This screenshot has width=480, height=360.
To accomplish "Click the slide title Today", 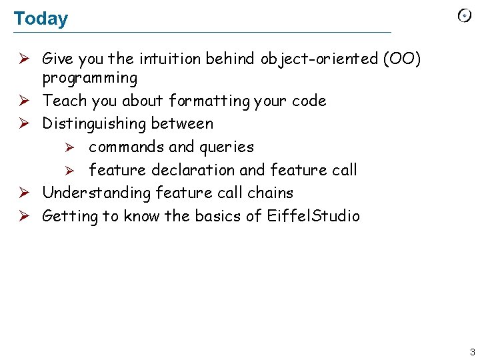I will [41, 19].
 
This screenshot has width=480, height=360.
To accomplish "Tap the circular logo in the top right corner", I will [465, 16].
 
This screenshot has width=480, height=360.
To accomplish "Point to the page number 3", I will [472, 352].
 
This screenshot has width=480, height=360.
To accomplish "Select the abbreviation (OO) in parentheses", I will [402, 59].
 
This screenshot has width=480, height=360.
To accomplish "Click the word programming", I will [90, 79].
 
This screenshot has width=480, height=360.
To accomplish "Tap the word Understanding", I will [97, 193].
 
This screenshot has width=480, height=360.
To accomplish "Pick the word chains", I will [270, 193].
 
